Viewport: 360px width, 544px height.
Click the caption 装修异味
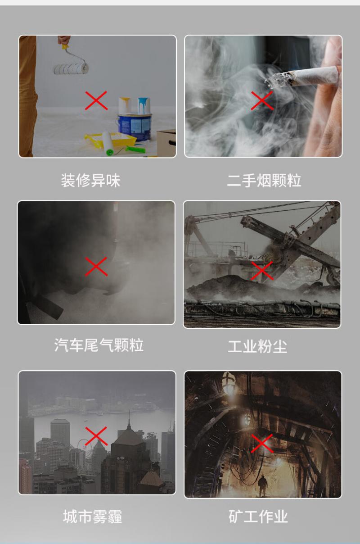[90, 181]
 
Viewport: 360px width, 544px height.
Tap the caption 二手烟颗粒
[264, 181]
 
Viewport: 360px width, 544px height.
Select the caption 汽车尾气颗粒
[99, 345]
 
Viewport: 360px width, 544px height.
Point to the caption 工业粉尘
[257, 346]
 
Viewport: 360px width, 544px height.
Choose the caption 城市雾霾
[93, 517]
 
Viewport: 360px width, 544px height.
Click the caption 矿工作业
[258, 517]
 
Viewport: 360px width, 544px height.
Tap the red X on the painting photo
[96, 100]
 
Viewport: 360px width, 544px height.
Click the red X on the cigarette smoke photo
[262, 100]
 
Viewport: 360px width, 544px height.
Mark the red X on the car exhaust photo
[96, 267]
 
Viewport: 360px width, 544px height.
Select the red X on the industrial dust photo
[262, 271]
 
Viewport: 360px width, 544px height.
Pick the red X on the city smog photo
[96, 436]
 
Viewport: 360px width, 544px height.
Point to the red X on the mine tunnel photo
[262, 444]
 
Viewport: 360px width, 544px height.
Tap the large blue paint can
[135, 127]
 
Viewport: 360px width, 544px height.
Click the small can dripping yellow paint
[125, 105]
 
